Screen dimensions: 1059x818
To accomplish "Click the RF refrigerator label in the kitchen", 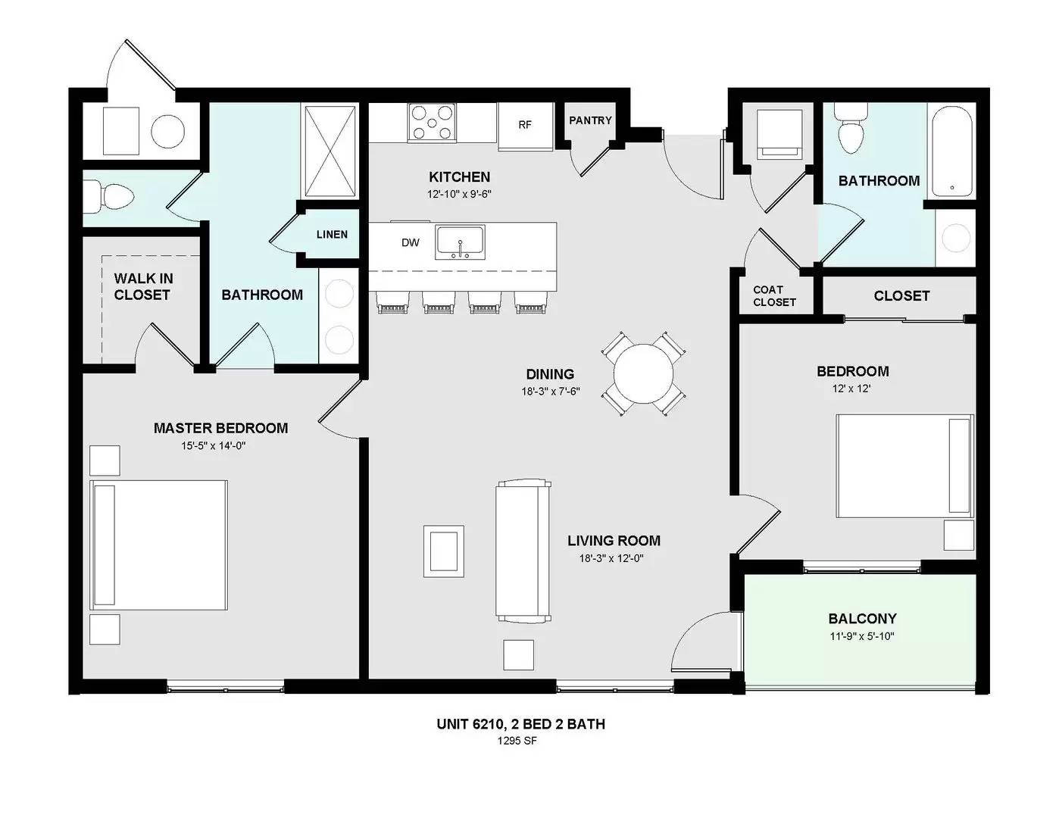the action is pos(524,125).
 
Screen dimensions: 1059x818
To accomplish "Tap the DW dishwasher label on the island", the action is pos(411,242).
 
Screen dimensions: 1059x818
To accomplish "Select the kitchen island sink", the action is pos(460,242).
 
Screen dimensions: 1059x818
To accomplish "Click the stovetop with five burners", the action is pos(432,122).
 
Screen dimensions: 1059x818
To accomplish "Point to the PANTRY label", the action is pos(590,120).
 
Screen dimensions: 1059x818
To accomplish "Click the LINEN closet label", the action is pos(332,234).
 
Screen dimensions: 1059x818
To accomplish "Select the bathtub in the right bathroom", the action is pos(951,151).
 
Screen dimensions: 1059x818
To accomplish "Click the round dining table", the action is pos(643,373).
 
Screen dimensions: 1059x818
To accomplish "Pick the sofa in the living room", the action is pos(523,551).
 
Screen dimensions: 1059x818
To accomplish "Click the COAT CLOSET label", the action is pos(774,295).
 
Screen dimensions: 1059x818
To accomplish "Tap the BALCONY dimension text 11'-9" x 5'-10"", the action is pos(862,636).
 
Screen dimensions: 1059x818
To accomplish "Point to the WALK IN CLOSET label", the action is pos(143,286).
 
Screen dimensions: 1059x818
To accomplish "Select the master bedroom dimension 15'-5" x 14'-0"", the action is pos(213,445).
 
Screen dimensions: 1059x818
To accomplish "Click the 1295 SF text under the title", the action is pos(517,741).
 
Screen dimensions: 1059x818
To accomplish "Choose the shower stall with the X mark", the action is pos(330,151).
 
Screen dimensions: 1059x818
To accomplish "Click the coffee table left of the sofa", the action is pos(443,551).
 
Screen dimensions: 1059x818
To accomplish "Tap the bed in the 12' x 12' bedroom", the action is pos(905,466).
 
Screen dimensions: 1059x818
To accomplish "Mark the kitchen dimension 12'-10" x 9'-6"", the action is pos(459,194).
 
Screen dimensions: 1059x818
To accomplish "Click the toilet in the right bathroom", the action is pos(851,128).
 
